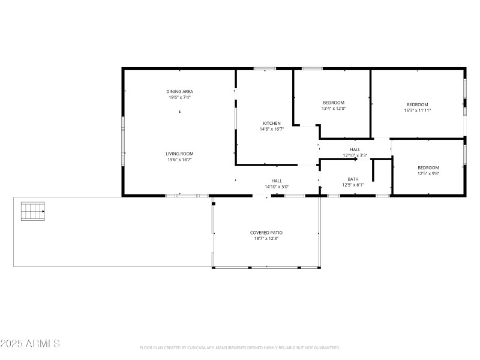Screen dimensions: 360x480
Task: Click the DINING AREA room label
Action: click(x=179, y=92)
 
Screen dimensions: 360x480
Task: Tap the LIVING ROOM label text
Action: click(x=179, y=154)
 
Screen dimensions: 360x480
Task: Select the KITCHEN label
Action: click(x=271, y=123)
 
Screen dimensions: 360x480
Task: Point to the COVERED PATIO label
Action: click(x=266, y=232)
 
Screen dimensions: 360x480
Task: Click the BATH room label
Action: click(x=353, y=179)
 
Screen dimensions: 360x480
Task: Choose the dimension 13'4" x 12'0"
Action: click(x=334, y=109)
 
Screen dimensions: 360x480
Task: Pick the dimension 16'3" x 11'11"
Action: click(x=417, y=110)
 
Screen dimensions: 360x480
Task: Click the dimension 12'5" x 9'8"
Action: click(x=428, y=174)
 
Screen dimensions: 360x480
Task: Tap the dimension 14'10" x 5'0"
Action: click(x=277, y=187)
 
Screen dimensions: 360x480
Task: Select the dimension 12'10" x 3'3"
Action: click(x=355, y=155)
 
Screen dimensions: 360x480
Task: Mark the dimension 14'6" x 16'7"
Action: click(x=271, y=129)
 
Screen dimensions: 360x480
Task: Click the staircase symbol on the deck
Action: click(x=33, y=211)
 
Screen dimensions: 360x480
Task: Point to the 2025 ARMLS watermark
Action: click(x=30, y=344)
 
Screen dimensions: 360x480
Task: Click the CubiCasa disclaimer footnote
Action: click(x=240, y=347)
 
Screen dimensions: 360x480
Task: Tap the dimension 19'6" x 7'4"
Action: click(x=179, y=98)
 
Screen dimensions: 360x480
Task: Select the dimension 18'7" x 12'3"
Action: click(x=266, y=238)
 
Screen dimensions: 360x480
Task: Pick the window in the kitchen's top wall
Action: click(x=265, y=68)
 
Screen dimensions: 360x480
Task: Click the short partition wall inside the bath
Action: click(x=373, y=170)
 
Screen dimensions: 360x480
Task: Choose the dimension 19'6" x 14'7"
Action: click(x=179, y=160)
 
